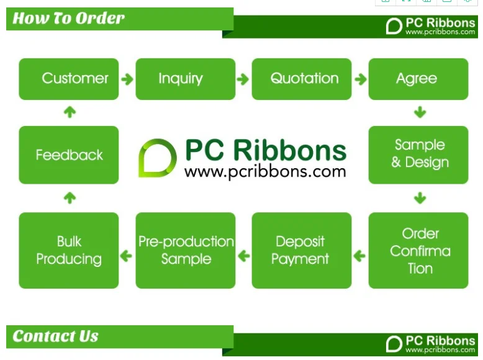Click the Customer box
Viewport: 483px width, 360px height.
coord(68,79)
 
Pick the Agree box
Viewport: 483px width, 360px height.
coord(418,79)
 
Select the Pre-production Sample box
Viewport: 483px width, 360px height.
coord(185,251)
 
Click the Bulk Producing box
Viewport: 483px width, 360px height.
coord(68,251)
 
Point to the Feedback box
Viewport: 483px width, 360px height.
coord(68,155)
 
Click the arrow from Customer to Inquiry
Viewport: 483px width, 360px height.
coord(127,79)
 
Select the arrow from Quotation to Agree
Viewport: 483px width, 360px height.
coord(360,79)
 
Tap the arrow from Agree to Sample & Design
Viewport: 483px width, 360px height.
coord(420,112)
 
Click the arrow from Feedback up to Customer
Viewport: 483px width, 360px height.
coord(70,112)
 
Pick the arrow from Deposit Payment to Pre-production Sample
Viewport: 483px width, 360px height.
coord(243,255)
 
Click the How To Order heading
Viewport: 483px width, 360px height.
coord(68,18)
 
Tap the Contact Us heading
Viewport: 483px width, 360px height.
coord(55,336)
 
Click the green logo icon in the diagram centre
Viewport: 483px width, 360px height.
coord(157,158)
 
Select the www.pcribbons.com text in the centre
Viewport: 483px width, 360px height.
coord(265,171)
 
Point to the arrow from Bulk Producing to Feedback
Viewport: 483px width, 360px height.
coord(70,198)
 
